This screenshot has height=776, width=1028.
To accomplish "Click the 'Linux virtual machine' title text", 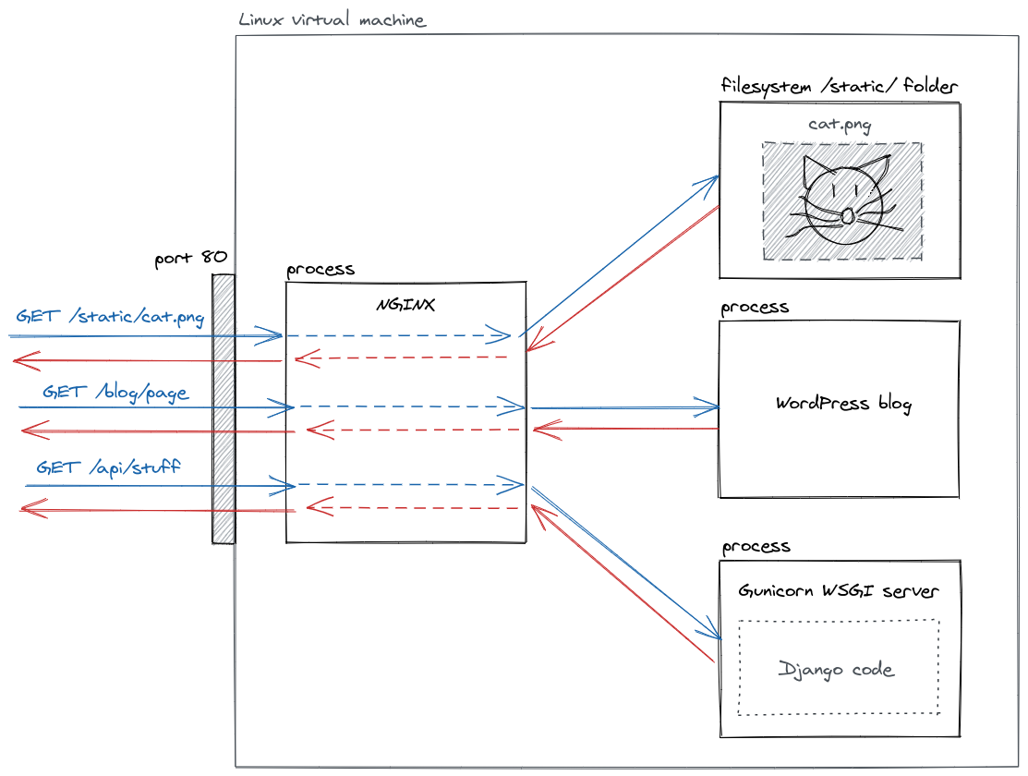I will pyautogui.click(x=332, y=20).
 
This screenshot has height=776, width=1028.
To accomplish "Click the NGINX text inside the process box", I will pyautogui.click(x=405, y=304).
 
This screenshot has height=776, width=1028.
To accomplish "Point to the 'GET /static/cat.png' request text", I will pyautogui.click(x=110, y=317).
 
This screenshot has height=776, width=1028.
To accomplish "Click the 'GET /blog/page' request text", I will pyautogui.click(x=115, y=393).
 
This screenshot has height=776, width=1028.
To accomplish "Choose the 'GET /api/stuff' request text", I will pyautogui.click(x=108, y=467).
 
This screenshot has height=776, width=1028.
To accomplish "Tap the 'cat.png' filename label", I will pyautogui.click(x=840, y=125).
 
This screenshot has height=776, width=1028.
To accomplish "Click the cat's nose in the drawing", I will pyautogui.click(x=846, y=216).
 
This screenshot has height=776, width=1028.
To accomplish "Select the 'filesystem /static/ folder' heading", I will pyautogui.click(x=839, y=87).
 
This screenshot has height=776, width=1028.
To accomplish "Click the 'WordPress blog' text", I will pyautogui.click(x=843, y=404).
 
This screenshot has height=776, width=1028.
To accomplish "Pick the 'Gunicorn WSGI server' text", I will pyautogui.click(x=839, y=591).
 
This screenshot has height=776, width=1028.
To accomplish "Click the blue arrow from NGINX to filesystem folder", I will pyautogui.click(x=619, y=254).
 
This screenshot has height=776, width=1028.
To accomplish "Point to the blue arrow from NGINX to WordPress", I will pyautogui.click(x=623, y=407).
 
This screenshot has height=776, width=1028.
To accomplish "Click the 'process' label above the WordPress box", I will pyautogui.click(x=755, y=308).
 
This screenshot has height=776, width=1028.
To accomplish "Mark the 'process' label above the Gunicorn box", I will pyautogui.click(x=756, y=547).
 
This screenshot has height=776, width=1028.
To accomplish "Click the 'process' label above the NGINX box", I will pyautogui.click(x=320, y=271).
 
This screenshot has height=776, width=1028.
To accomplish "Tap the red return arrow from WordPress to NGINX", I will pyautogui.click(x=625, y=429).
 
